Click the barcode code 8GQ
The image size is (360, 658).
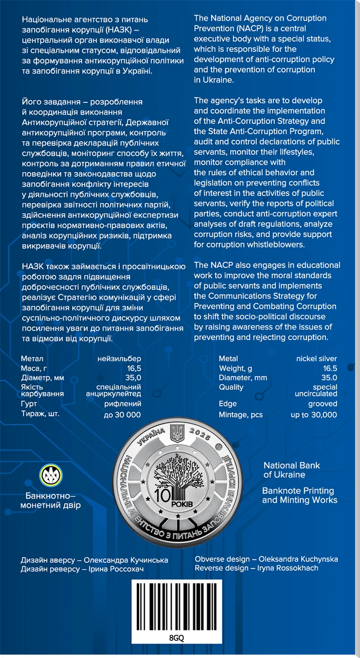177,637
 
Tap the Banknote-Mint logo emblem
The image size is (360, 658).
51,475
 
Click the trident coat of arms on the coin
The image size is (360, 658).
177,432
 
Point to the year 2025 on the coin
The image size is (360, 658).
200,434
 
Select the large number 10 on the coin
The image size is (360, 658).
163,495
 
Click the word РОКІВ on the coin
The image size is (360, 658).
182,504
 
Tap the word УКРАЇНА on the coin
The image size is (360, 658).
151,436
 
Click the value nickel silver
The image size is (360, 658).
316,359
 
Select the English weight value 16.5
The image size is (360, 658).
330,368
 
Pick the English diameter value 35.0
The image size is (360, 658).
329,378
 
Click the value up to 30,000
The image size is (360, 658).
314,415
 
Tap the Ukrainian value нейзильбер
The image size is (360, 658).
119,359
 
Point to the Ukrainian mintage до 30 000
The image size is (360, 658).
122,415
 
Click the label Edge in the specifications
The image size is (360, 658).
228,403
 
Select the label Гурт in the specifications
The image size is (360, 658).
29,403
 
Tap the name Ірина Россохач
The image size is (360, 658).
116,569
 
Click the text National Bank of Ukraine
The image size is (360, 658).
291,470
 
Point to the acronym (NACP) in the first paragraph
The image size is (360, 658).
250,28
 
